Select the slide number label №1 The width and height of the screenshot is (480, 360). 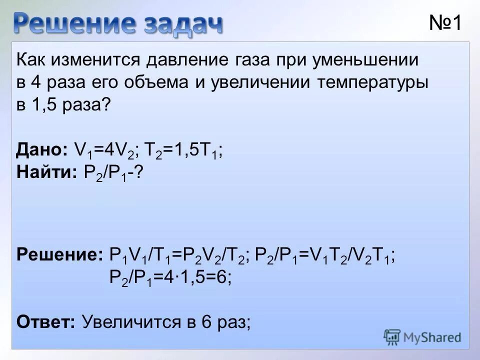point(445,23)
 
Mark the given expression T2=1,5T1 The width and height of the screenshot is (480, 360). point(183,150)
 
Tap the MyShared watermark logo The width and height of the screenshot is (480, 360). point(422,337)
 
